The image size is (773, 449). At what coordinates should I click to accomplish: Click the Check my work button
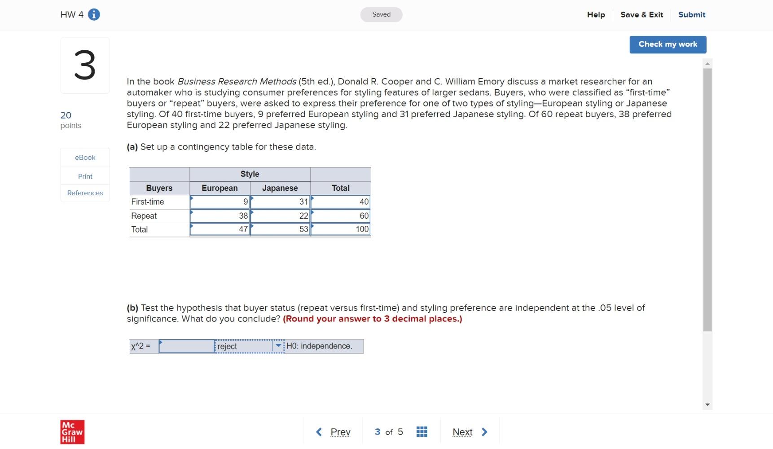pyautogui.click(x=668, y=44)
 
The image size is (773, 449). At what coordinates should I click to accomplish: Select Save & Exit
pyautogui.click(x=641, y=15)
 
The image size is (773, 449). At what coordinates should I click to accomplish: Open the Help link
pyautogui.click(x=596, y=15)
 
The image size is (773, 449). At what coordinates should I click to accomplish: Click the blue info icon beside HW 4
pyautogui.click(x=94, y=15)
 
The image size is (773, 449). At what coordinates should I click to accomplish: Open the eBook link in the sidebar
pyautogui.click(x=85, y=158)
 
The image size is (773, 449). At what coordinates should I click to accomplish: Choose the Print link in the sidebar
pyautogui.click(x=85, y=176)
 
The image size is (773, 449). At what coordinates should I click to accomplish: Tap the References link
pyautogui.click(x=85, y=193)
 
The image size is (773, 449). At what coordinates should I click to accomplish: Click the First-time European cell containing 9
pyautogui.click(x=220, y=202)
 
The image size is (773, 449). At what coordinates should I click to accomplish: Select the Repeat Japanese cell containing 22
pyautogui.click(x=280, y=216)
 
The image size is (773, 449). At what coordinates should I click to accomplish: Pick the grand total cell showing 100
pyautogui.click(x=341, y=229)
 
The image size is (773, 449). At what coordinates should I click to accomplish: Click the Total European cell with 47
pyautogui.click(x=220, y=229)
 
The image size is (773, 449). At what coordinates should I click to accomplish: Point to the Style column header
pyautogui.click(x=250, y=174)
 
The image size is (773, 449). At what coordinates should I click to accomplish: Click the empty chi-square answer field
pyautogui.click(x=187, y=346)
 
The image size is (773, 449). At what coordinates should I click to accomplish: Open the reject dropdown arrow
pyautogui.click(x=278, y=346)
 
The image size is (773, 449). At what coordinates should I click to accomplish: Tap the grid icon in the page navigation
pyautogui.click(x=422, y=432)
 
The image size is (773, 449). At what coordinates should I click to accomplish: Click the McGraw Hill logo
pyautogui.click(x=72, y=432)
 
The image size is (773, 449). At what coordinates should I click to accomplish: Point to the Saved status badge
pyautogui.click(x=381, y=15)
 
